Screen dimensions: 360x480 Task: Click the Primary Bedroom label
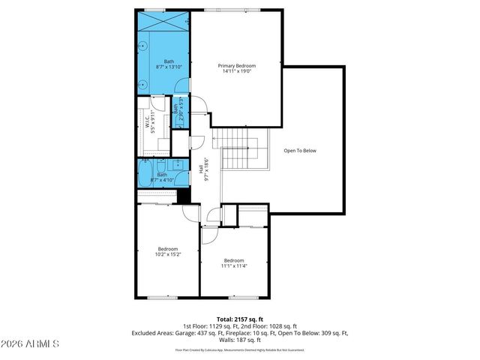[x=237, y=66]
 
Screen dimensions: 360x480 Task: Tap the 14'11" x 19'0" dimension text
[x=237, y=72]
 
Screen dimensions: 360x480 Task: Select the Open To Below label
[x=300, y=151]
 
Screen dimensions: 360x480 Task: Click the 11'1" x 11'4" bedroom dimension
[x=234, y=266]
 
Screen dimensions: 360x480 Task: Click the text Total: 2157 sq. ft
[x=239, y=319]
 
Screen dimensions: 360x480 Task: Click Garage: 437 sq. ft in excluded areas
[x=196, y=333]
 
